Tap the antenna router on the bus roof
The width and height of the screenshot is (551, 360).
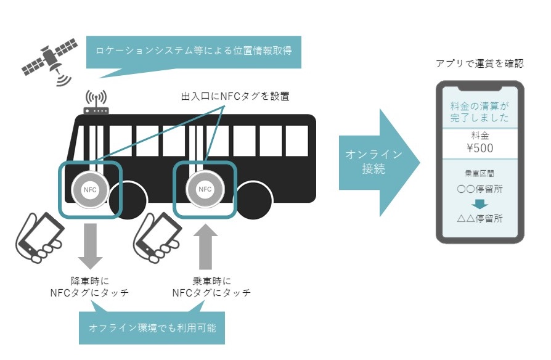(x=96, y=104)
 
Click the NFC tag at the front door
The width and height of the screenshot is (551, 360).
(x=90, y=189)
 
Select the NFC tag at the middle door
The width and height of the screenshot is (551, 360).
(x=204, y=189)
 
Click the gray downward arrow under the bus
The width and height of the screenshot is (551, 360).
(x=90, y=245)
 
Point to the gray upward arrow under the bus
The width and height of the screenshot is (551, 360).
(x=205, y=245)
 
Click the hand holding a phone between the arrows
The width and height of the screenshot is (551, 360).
(x=158, y=237)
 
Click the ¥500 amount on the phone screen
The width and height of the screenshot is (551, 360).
(x=480, y=149)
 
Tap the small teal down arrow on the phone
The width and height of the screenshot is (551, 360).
(x=480, y=203)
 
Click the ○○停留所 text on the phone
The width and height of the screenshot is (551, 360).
(x=480, y=189)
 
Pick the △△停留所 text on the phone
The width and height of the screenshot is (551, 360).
(x=480, y=219)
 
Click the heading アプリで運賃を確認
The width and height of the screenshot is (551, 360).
(x=480, y=63)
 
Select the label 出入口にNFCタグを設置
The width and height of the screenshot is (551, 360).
(x=234, y=96)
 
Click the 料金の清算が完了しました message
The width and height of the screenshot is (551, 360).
(x=480, y=112)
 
